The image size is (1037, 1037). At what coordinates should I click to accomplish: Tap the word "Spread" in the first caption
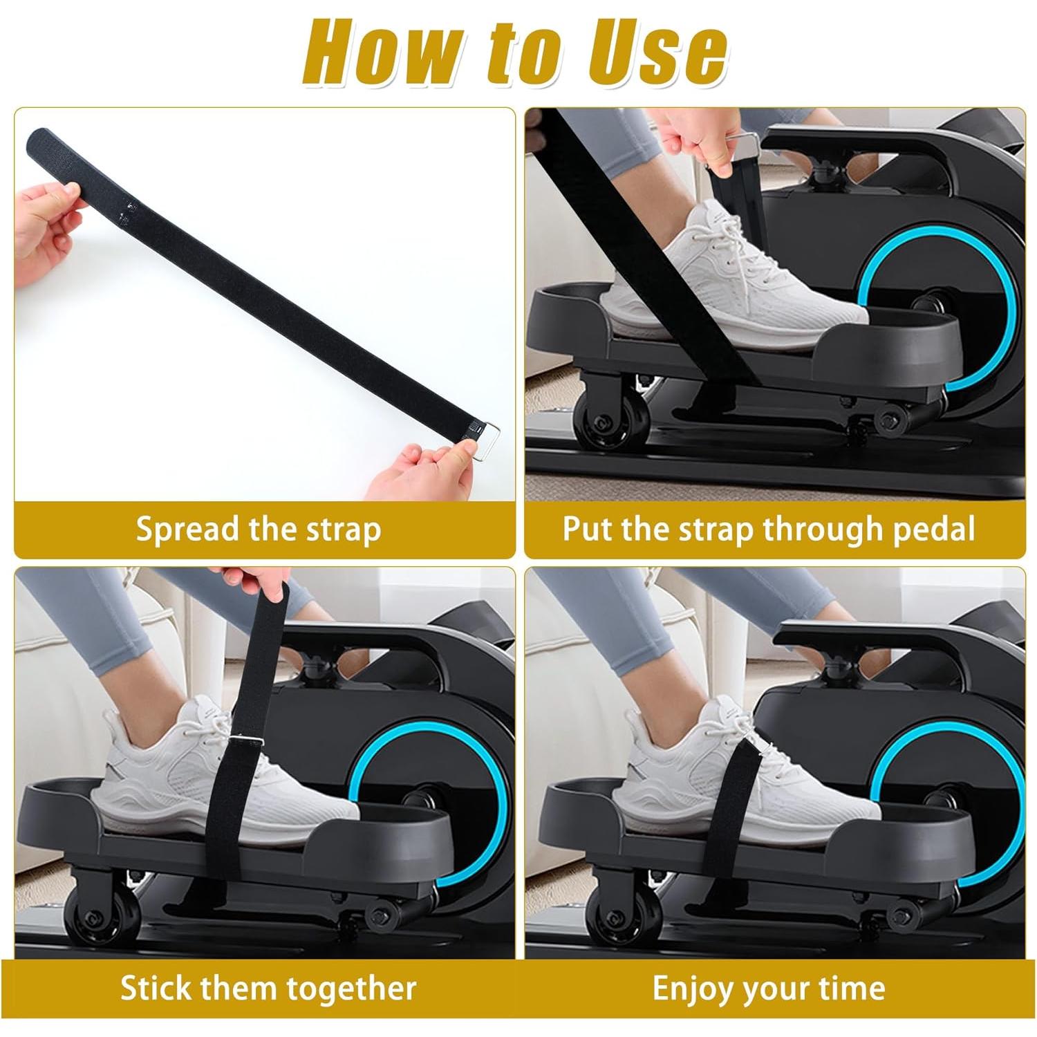[x=183, y=530]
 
